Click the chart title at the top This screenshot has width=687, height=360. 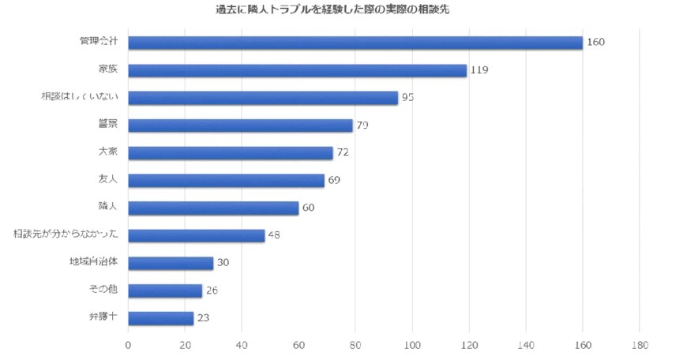pyautogui.click(x=343, y=9)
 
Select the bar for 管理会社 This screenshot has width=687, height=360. pyautogui.click(x=355, y=43)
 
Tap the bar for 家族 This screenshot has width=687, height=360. pyautogui.click(x=297, y=70)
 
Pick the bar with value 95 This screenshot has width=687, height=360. pyautogui.click(x=262, y=98)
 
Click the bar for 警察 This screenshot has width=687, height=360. pyautogui.click(x=240, y=126)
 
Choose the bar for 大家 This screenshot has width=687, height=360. pyautogui.click(x=230, y=153)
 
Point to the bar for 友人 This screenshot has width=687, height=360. pyautogui.click(x=226, y=181)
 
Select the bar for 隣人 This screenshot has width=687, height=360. pyautogui.click(x=213, y=208)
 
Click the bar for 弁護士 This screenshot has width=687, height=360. pyautogui.click(x=160, y=318)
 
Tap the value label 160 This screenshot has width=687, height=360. pyautogui.click(x=595, y=43)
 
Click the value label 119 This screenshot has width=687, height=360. pyautogui.click(x=479, y=70)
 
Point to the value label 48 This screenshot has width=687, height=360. pyautogui.click(x=274, y=235)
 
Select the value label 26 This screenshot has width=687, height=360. pyautogui.click(x=211, y=291)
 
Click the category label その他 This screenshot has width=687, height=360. pyautogui.click(x=103, y=290)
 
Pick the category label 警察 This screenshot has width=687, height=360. pyautogui.click(x=107, y=125)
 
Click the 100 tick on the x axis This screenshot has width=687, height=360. pyautogui.click(x=412, y=345)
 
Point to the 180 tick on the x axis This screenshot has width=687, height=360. pyautogui.click(x=640, y=345)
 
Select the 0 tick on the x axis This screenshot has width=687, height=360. pyautogui.click(x=128, y=345)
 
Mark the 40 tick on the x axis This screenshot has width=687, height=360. pyautogui.click(x=242, y=345)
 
